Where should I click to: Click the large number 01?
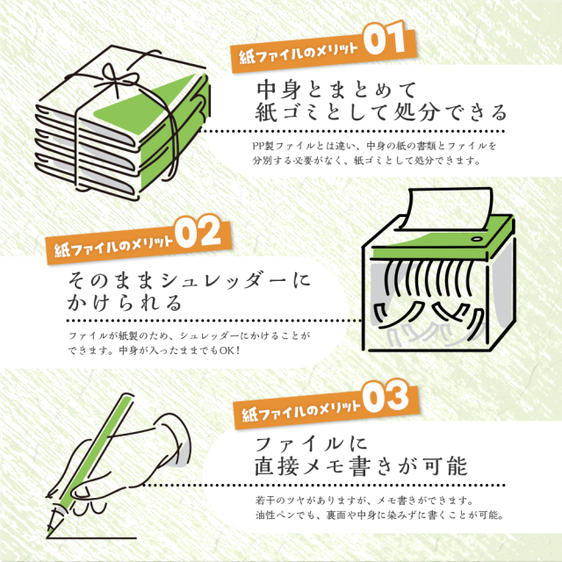384,38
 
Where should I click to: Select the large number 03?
385,396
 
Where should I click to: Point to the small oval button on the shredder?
476,239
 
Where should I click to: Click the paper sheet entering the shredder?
450,209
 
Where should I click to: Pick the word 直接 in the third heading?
276,466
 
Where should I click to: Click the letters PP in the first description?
258,146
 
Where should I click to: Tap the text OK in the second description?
227,349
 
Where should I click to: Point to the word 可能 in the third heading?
445,466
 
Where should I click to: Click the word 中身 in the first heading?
278,90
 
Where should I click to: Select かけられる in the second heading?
125,303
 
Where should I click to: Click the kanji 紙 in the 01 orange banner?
246,57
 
